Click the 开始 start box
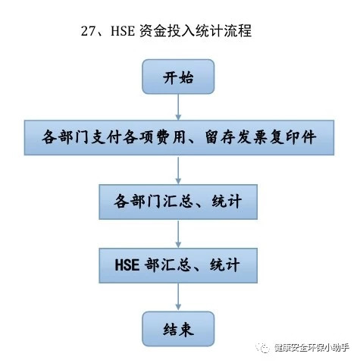[x=178, y=77]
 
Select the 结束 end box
[x=178, y=329]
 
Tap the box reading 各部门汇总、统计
[x=178, y=202]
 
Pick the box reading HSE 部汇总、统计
[x=178, y=265]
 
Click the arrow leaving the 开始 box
[x=178, y=107]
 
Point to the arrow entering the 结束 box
[x=178, y=296]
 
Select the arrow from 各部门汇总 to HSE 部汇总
[x=178, y=233]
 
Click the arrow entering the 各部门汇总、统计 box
[x=178, y=170]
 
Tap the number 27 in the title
[x=87, y=31]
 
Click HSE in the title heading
[x=123, y=31]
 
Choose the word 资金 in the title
[x=153, y=31]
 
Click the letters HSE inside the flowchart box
[x=127, y=265]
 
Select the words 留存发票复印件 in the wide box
[x=261, y=137]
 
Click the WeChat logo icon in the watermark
[x=263, y=348]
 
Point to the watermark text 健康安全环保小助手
[x=312, y=348]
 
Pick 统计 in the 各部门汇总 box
[x=227, y=202]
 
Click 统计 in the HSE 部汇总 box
[x=224, y=265]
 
